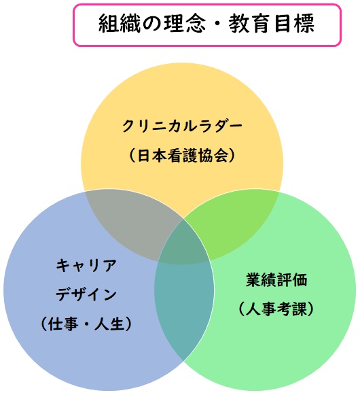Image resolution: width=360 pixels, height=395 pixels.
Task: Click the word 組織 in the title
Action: click(120, 23)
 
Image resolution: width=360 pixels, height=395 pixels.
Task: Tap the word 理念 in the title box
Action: click(185, 23)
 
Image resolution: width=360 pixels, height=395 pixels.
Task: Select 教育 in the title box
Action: click(251, 23)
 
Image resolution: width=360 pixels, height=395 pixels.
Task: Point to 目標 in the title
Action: click(294, 23)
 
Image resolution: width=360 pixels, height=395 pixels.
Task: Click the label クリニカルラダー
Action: click(182, 126)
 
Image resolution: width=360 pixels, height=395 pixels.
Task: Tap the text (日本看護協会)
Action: click(182, 155)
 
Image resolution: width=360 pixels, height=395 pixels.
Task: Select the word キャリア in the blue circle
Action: click(86, 265)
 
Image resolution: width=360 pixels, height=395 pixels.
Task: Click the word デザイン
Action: click(86, 294)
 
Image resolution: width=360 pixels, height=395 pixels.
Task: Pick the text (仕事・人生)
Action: click(86, 324)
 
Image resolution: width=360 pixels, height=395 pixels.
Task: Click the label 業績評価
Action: click(276, 279)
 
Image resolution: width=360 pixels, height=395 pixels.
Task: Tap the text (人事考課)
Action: click(276, 309)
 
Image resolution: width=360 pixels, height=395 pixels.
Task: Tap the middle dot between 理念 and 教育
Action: click(218, 24)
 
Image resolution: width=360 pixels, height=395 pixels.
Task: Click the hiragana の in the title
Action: click(152, 24)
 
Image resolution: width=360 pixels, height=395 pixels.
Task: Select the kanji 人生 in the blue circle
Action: click(110, 324)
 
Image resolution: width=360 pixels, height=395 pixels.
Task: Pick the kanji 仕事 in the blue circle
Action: click(63, 324)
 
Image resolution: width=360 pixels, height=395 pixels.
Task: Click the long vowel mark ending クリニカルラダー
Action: click(234, 125)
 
